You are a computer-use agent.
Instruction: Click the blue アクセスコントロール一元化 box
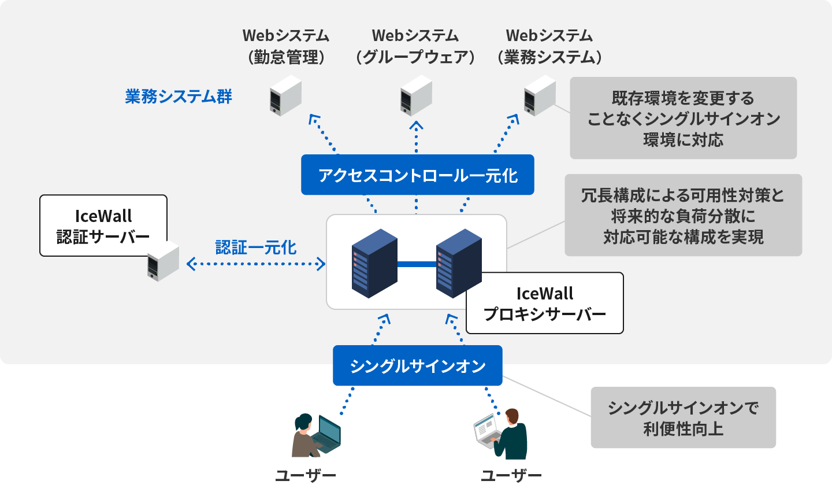417,175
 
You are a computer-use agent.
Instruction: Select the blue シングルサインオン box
417,365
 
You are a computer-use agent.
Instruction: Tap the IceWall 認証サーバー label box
103,225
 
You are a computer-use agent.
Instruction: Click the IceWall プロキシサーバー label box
544,303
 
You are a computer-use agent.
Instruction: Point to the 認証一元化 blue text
255,247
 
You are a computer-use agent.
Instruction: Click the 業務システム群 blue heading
178,96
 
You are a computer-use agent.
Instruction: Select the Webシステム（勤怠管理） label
285,46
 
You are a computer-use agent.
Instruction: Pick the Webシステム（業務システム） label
549,46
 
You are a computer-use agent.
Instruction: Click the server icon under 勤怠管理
285,97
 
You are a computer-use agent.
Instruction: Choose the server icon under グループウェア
416,97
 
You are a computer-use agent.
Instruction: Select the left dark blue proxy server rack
374,263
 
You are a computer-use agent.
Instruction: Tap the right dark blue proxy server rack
459,263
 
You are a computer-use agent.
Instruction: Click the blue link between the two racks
417,264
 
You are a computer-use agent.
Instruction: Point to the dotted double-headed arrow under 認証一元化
256,264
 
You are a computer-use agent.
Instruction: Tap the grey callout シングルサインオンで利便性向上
683,417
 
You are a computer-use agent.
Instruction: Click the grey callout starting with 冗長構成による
683,215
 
